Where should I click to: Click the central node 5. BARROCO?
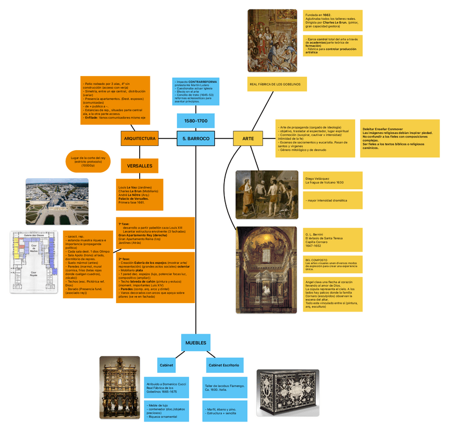click(196, 139)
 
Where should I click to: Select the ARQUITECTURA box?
click(139, 139)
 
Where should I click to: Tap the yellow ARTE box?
click(248, 139)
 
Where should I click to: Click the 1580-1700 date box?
click(195, 121)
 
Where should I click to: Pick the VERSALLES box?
click(139, 166)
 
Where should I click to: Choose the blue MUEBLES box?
click(195, 343)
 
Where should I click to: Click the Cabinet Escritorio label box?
click(223, 365)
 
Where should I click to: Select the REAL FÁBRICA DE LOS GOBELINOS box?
click(277, 84)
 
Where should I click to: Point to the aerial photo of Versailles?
click(57, 201)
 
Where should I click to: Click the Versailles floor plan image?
click(34, 262)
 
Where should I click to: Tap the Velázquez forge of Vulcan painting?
click(266, 195)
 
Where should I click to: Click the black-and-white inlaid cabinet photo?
click(288, 392)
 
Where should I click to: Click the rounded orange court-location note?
click(88, 161)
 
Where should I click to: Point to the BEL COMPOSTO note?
click(333, 265)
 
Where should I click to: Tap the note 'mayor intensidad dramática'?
click(333, 200)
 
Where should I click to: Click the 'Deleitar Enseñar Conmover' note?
click(399, 139)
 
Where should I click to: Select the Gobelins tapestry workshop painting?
click(272, 40)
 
